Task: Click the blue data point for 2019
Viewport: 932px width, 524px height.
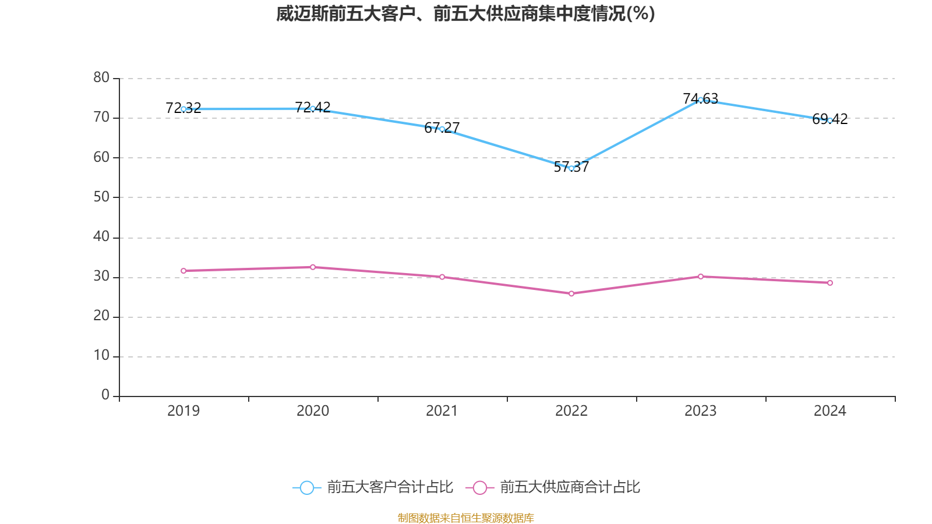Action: coord(183,109)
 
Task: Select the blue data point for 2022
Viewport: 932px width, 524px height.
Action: coord(571,168)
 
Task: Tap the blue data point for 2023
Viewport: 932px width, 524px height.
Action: coord(701,100)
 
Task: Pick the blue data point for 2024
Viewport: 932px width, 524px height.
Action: coord(830,121)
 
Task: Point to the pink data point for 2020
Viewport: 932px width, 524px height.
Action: coord(313,267)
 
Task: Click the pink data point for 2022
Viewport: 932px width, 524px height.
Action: coord(571,294)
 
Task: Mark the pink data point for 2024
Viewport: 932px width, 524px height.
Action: coord(830,283)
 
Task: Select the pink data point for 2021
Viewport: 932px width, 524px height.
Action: coord(442,277)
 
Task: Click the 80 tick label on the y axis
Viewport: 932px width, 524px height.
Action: coord(101,77)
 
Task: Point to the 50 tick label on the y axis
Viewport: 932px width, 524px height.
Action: coord(101,197)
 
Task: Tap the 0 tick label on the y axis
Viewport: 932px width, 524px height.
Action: coord(105,395)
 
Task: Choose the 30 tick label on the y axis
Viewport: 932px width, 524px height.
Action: coord(101,277)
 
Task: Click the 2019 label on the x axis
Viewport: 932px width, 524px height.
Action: coord(183,411)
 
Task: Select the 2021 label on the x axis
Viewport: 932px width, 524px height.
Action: coord(442,411)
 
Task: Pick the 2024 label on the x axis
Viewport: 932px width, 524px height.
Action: coord(830,411)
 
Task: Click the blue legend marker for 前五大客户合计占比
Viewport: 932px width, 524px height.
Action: coord(306,487)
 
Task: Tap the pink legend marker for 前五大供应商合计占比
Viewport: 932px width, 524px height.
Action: coord(479,487)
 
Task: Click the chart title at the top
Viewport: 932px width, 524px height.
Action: coord(465,13)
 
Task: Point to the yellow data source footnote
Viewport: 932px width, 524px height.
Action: coord(465,518)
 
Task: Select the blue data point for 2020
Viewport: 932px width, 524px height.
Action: coord(313,108)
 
